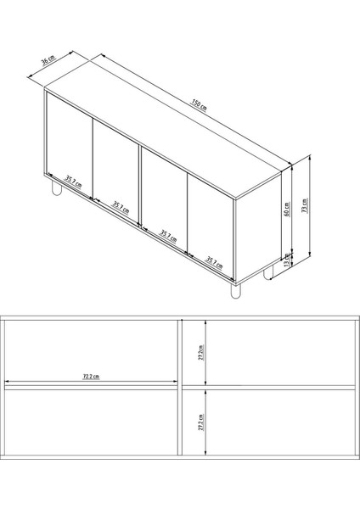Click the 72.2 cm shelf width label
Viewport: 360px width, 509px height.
[88, 376]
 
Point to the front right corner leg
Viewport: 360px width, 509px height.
[235, 291]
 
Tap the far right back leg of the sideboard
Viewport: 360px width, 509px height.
[268, 273]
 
